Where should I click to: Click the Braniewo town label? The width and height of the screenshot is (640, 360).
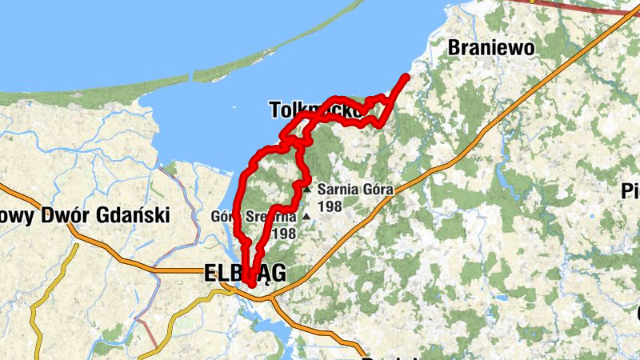(491, 47)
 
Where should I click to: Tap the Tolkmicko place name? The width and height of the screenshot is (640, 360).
(313, 109)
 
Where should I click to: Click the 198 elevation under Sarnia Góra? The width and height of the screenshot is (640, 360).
(329, 206)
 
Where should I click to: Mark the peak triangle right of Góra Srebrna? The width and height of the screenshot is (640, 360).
(305, 216)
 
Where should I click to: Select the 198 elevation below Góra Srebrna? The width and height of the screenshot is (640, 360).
(284, 234)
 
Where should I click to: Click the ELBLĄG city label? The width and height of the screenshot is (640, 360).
(245, 274)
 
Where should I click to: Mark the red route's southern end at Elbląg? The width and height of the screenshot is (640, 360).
(252, 283)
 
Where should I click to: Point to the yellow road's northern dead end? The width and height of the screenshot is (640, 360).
(77, 245)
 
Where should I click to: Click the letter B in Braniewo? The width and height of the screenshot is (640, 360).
(454, 47)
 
